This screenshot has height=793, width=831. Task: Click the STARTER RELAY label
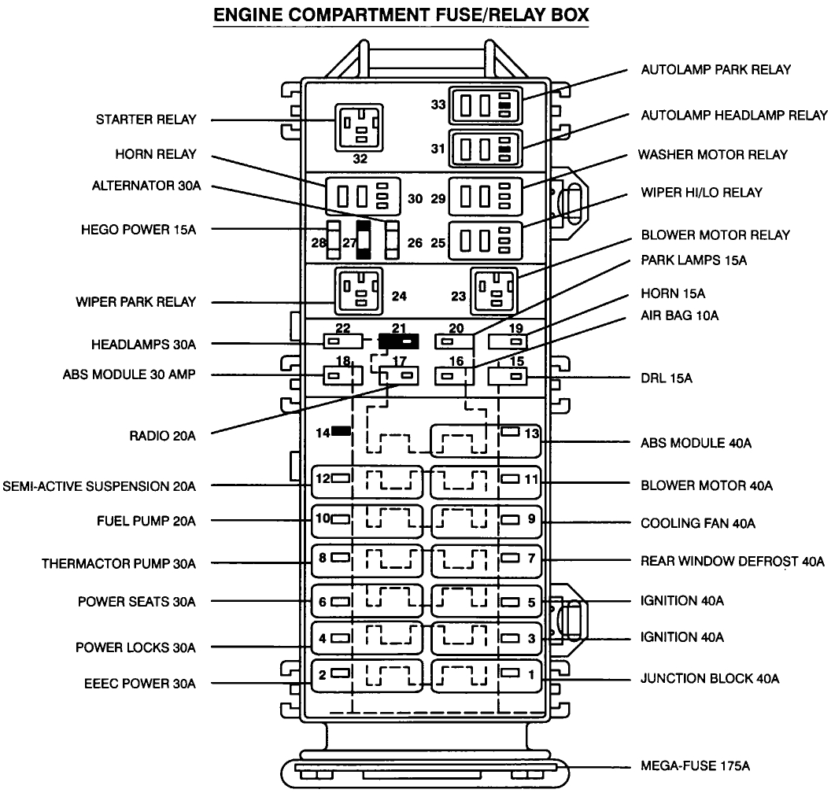click(146, 120)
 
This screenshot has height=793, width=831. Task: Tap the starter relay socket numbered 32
click(360, 125)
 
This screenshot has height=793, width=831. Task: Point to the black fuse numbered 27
click(364, 239)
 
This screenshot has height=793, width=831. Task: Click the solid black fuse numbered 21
click(398, 341)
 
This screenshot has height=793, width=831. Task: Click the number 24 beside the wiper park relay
click(399, 297)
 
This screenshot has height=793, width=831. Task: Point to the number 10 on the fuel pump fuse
click(322, 518)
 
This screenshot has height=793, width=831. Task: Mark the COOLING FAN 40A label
click(702, 522)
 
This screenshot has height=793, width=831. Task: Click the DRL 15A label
click(666, 378)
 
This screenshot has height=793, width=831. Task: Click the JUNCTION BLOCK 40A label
click(710, 677)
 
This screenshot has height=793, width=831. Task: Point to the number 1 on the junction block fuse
click(531, 673)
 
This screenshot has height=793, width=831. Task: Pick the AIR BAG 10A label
click(680, 315)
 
